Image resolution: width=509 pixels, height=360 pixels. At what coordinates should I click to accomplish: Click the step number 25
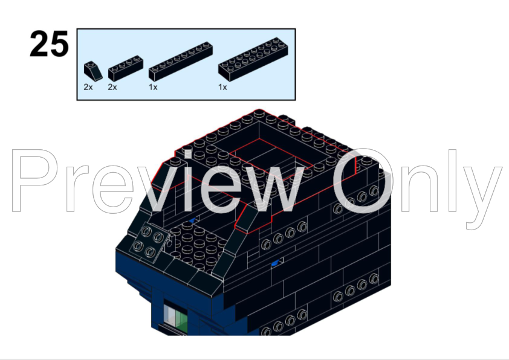[x=49, y=43]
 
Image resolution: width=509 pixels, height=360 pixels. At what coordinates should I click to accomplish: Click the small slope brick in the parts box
[x=93, y=71]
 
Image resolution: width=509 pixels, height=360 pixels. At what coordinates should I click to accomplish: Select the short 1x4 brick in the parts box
[x=126, y=68]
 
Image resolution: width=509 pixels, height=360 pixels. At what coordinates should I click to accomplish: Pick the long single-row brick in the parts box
[x=181, y=61]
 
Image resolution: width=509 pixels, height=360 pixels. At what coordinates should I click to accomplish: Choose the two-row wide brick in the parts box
[x=253, y=59]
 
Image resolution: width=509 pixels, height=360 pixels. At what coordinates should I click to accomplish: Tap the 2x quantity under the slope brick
[x=88, y=87]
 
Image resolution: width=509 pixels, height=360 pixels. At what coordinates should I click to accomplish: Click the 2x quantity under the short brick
[x=112, y=87]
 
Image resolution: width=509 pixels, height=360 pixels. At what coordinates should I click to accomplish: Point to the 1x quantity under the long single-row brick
[x=153, y=87]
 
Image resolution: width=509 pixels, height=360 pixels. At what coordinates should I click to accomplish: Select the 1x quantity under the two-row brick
[x=222, y=87]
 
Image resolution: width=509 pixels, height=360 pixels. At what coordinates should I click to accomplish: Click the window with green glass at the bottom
[x=176, y=315]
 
